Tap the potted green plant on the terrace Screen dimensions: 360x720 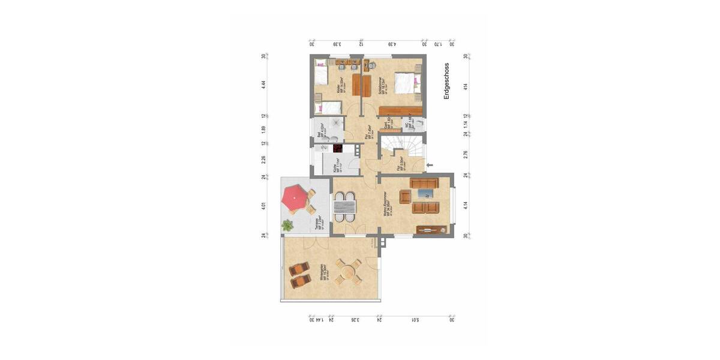[287, 226]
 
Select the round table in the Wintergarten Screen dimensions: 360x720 [347, 272]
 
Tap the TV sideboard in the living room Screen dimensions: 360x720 [432, 229]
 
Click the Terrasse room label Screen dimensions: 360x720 [319, 223]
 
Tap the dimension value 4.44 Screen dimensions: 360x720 [263, 85]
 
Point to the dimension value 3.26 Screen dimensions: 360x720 [356, 319]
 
